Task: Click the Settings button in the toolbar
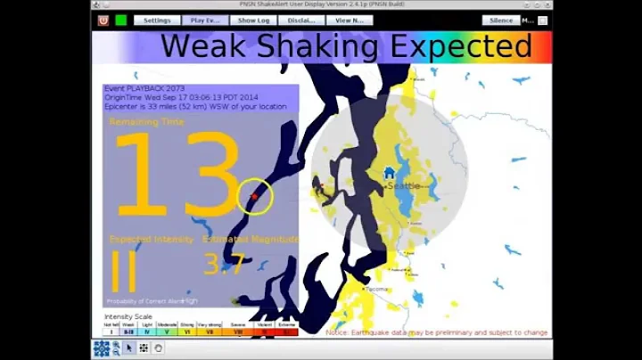pyautogui.click(x=157, y=20)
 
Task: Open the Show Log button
pyautogui.click(x=253, y=20)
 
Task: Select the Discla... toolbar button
pyautogui.click(x=300, y=20)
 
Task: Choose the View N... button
pyautogui.click(x=349, y=20)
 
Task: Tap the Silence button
pyautogui.click(x=500, y=20)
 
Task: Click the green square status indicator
pyautogui.click(x=120, y=20)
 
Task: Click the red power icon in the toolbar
pyautogui.click(x=103, y=20)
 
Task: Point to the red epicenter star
pyautogui.click(x=254, y=196)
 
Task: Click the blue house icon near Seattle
pyautogui.click(x=389, y=173)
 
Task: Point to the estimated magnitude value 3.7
pyautogui.click(x=223, y=265)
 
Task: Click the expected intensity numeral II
pyautogui.click(x=123, y=272)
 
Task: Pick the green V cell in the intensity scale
pyautogui.click(x=167, y=331)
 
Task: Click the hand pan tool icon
pyautogui.click(x=158, y=348)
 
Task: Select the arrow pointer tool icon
pyautogui.click(x=129, y=348)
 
